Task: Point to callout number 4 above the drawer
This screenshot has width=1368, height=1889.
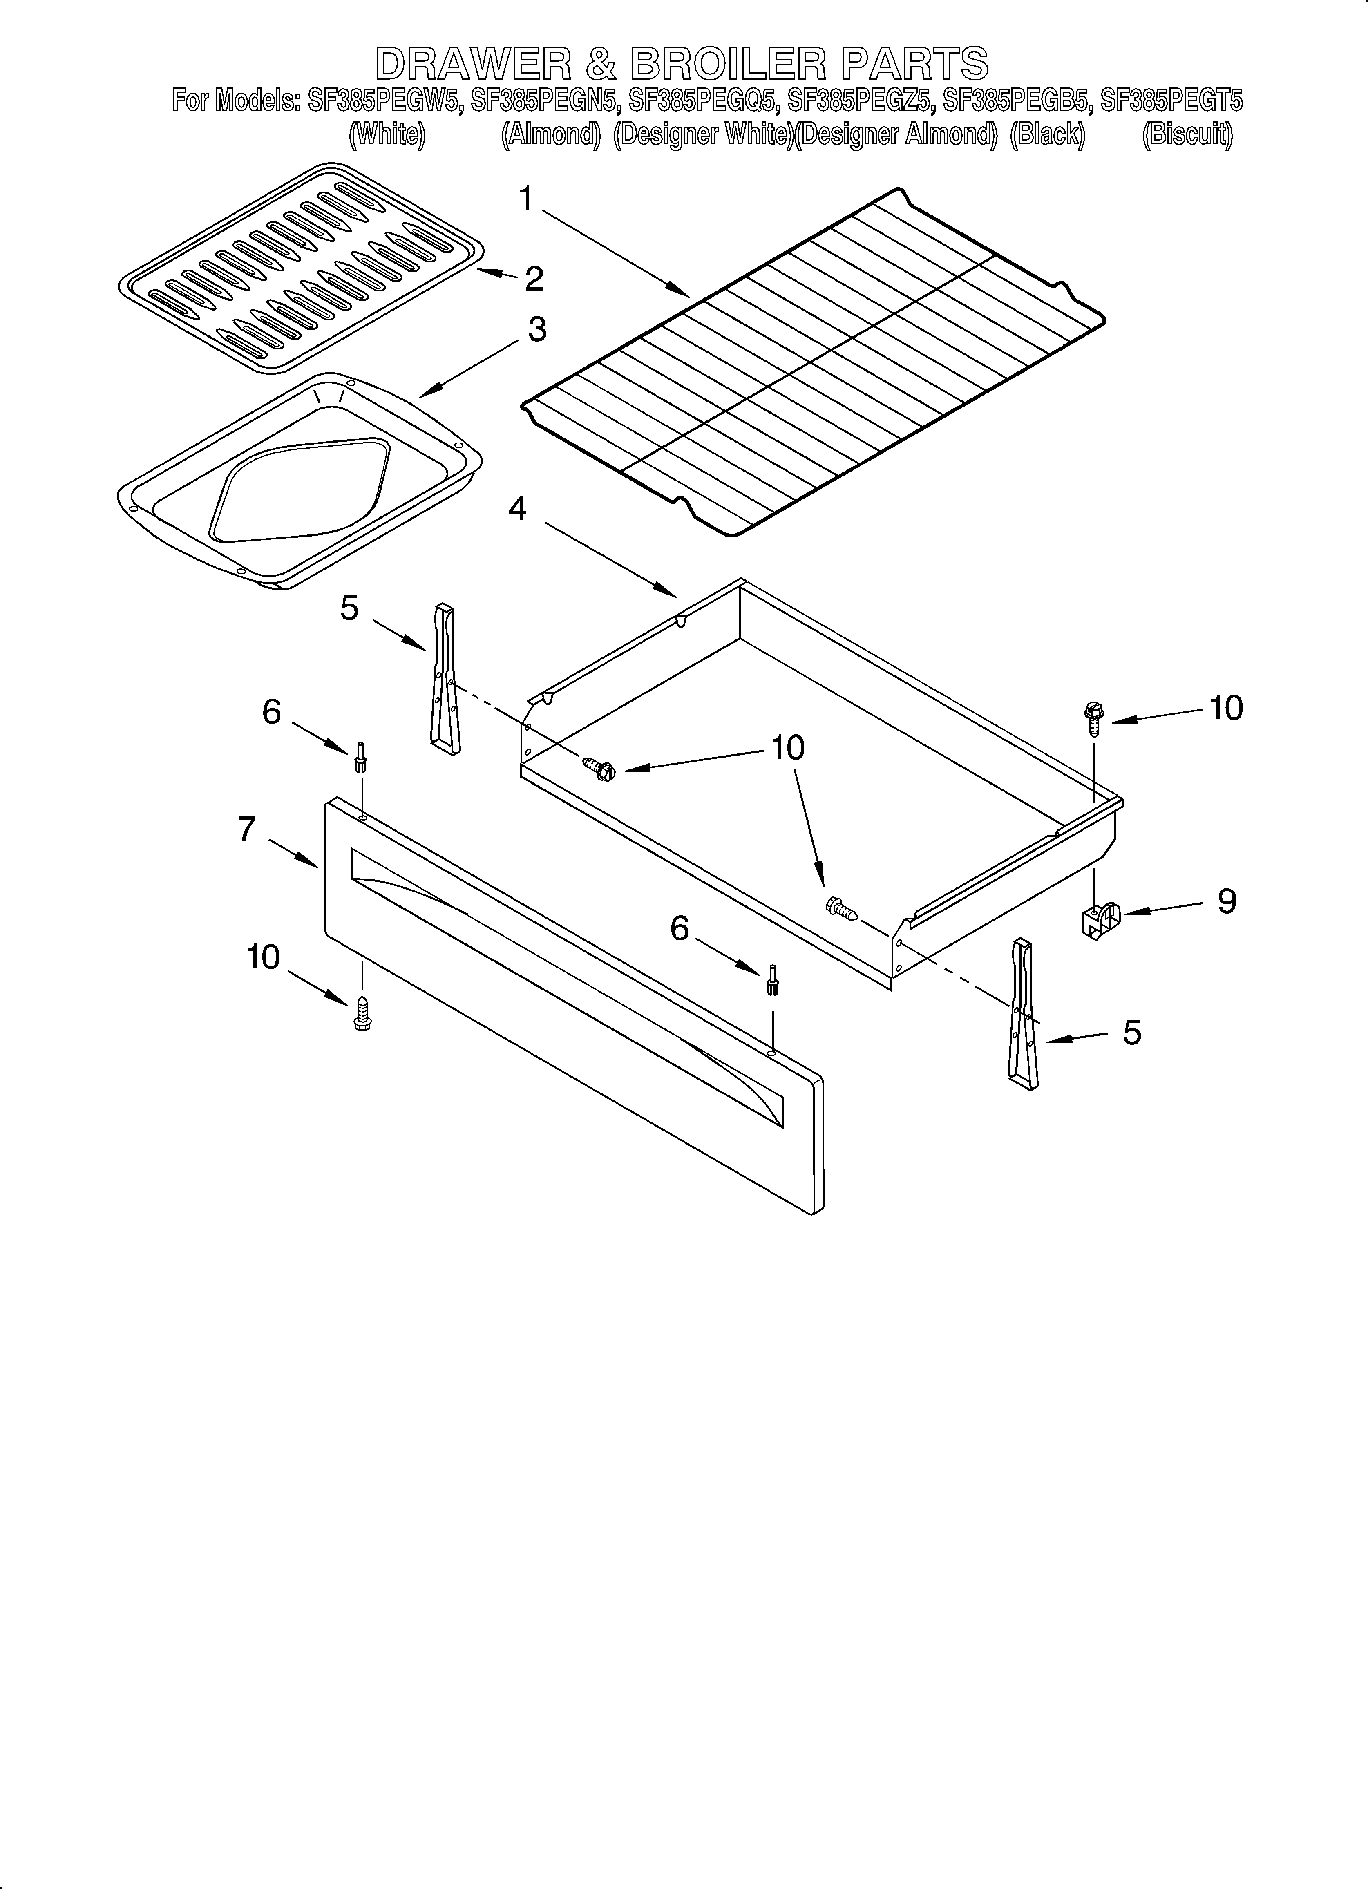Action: [516, 508]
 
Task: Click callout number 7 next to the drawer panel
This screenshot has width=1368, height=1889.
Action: [247, 829]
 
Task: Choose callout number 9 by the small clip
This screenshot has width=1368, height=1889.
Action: [1226, 901]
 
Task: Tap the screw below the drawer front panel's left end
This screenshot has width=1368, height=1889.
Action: [362, 1012]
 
